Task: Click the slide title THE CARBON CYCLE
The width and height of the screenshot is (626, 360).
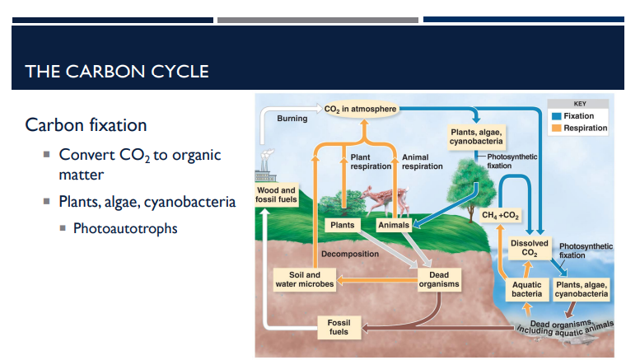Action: point(117,71)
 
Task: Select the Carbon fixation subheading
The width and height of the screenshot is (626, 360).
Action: point(86,125)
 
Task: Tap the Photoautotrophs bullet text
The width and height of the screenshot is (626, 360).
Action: point(124,228)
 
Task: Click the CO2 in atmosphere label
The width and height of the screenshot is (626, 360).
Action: point(361,109)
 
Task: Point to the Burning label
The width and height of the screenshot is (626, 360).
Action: point(292,119)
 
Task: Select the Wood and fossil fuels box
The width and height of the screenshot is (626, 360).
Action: point(276,196)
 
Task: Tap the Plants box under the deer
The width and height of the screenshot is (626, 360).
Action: point(342,225)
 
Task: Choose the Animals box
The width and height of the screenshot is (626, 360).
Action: point(393,225)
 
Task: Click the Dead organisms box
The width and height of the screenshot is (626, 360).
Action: point(438,279)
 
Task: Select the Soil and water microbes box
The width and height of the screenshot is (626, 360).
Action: point(305,279)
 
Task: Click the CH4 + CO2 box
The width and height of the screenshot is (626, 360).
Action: point(500,216)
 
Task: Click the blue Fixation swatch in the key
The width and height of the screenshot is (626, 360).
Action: point(557,116)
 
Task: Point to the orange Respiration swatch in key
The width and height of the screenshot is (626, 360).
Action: point(557,128)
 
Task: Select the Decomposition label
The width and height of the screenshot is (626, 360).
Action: point(350,254)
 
